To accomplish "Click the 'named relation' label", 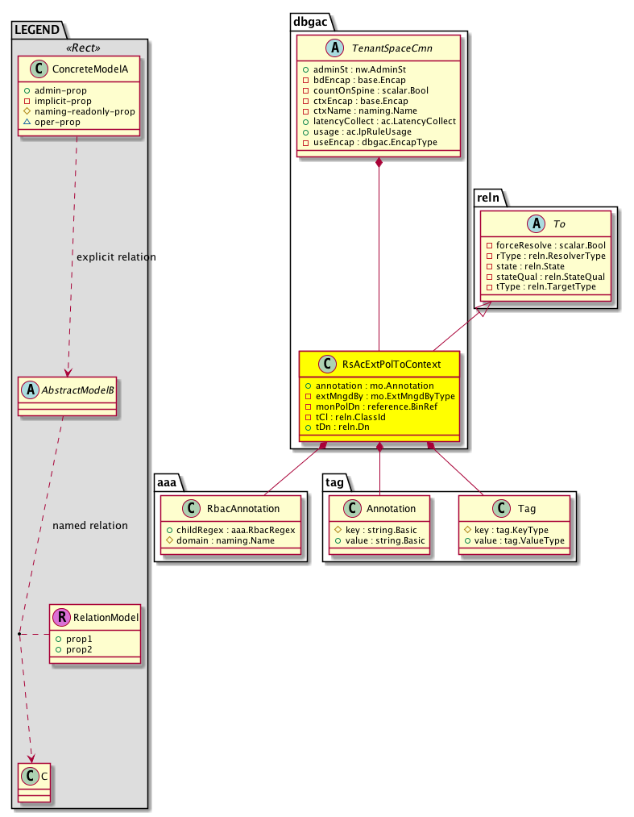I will pos(89,526).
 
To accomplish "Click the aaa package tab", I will pos(170,481).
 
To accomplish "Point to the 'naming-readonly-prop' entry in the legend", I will pos(85,112).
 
